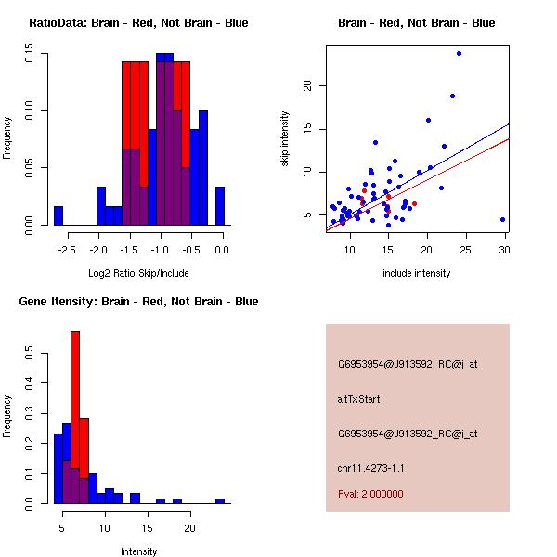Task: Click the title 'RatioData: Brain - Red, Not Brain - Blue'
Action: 138,23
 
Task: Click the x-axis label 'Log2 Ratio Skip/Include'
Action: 138,272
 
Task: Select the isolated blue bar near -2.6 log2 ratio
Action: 58,215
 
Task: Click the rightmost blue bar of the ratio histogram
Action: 220,206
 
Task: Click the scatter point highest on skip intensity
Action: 459,53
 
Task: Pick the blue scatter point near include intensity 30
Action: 502,220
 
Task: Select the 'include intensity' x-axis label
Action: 416,273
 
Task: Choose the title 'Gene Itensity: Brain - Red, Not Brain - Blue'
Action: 138,302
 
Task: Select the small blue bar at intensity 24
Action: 220,500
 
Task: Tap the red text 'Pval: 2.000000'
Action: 370,494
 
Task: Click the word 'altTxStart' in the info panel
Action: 359,399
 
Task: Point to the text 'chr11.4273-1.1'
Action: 370,467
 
